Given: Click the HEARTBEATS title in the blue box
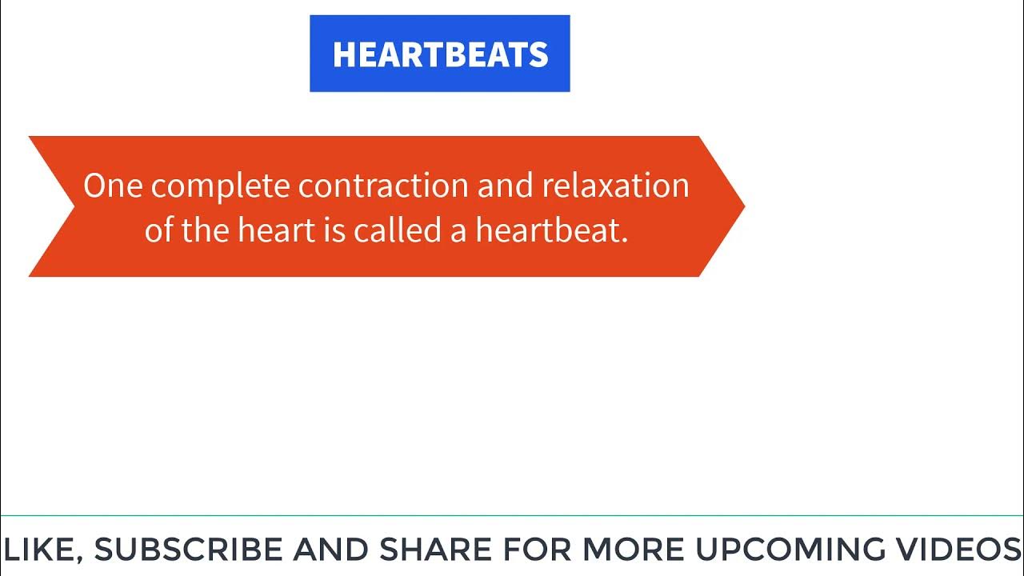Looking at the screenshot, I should tap(440, 54).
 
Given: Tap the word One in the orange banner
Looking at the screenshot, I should tap(114, 186).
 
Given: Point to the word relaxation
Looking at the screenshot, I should tap(615, 186).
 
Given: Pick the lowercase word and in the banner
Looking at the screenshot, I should tap(505, 186).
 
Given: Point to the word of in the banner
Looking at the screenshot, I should tap(159, 231).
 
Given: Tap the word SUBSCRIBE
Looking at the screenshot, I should tap(189, 550).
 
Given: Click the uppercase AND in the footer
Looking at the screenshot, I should tap(330, 550).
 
